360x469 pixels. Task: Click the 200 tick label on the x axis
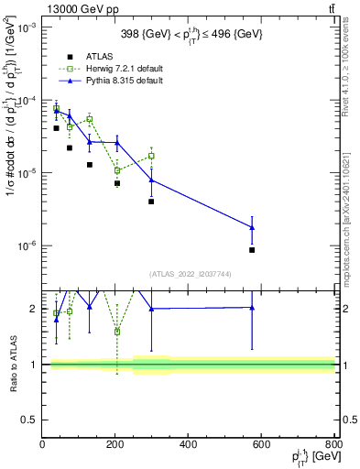(x=115, y=444)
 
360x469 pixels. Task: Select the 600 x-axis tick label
(x=261, y=444)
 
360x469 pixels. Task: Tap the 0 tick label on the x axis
(x=43, y=444)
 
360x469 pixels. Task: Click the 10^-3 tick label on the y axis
(x=27, y=27)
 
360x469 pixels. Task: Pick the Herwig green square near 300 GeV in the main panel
(x=151, y=156)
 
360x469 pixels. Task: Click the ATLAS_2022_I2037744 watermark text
(x=189, y=274)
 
